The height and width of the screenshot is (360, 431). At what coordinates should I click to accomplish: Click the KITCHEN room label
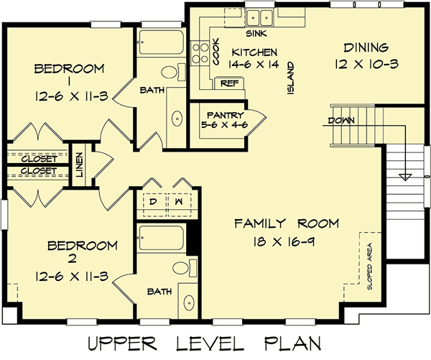tap(254, 52)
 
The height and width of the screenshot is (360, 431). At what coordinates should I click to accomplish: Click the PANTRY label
tap(225, 114)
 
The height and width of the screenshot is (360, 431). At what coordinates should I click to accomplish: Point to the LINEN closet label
tap(79, 166)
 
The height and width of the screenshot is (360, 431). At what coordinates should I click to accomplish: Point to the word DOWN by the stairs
tap(341, 120)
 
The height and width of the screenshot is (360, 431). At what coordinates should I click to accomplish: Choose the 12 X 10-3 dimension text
tap(366, 63)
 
